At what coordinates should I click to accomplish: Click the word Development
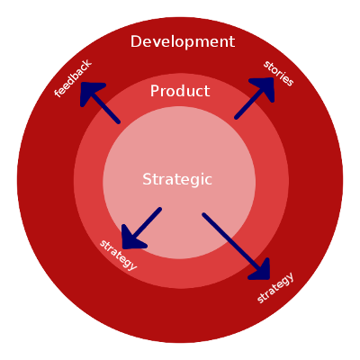tap(183, 42)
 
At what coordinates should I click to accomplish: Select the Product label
tap(180, 91)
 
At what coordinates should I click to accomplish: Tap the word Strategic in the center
tap(177, 180)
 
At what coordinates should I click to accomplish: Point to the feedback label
tap(73, 78)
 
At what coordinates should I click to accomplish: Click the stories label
tap(278, 74)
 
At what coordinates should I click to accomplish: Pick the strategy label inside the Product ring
tap(119, 255)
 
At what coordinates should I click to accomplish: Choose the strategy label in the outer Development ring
tap(275, 288)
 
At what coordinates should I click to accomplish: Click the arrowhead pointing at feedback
tap(90, 92)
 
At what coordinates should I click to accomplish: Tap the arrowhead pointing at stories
tap(264, 87)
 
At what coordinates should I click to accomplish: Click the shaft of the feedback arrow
tap(105, 108)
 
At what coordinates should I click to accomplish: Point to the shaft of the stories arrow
tap(249, 103)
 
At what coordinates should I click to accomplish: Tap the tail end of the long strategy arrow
tap(204, 214)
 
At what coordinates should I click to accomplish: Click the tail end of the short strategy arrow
tap(160, 209)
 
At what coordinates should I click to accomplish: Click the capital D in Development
tap(136, 41)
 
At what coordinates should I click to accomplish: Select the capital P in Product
tap(154, 91)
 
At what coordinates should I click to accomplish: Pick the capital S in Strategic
tap(147, 179)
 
